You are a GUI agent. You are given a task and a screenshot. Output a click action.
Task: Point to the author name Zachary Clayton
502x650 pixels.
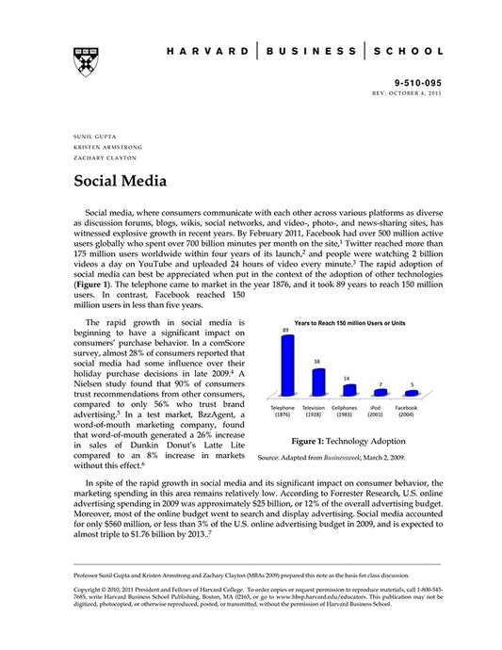[x=100, y=158]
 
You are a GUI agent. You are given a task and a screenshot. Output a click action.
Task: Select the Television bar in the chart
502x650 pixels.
[x=317, y=381]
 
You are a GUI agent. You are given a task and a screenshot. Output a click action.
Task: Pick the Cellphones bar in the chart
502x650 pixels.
[x=348, y=388]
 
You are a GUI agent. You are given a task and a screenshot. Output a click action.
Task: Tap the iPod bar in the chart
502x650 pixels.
[x=381, y=392]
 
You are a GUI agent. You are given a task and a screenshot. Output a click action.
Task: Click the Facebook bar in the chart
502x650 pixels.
[x=411, y=393]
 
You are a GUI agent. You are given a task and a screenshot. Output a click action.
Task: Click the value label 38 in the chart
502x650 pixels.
[x=316, y=361]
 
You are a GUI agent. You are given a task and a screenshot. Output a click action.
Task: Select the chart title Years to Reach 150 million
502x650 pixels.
[x=349, y=323]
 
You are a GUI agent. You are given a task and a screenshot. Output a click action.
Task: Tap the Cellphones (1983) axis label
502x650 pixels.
[x=345, y=412]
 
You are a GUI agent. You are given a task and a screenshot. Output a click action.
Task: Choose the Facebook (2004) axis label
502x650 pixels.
[x=407, y=412]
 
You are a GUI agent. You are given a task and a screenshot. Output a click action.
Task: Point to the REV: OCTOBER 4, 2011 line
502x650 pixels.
[x=407, y=95]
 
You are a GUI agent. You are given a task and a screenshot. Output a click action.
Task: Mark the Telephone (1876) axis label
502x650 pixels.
[x=283, y=412]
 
